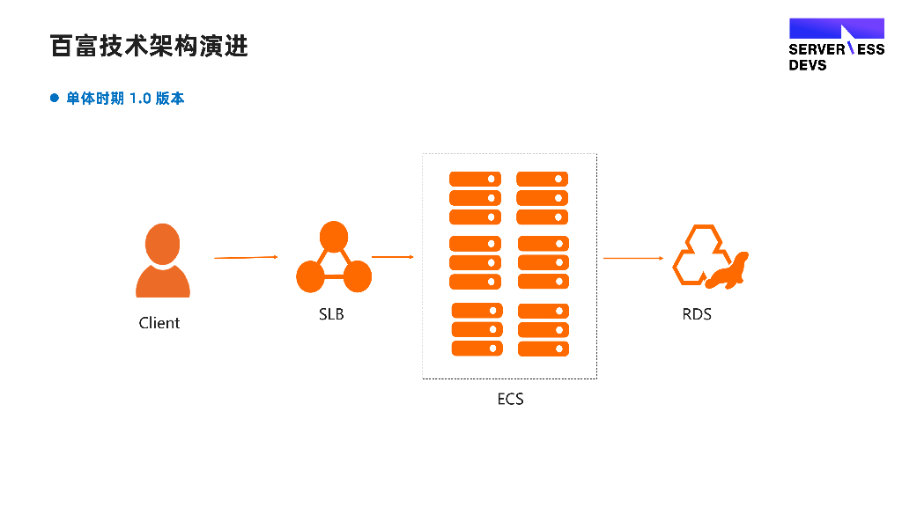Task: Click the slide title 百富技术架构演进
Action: click(x=149, y=46)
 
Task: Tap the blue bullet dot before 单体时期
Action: click(x=55, y=98)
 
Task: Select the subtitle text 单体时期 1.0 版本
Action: click(x=125, y=99)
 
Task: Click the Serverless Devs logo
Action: click(x=837, y=44)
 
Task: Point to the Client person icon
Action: click(x=163, y=260)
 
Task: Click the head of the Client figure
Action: click(x=163, y=244)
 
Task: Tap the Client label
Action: click(x=159, y=323)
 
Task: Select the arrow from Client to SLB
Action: click(x=247, y=258)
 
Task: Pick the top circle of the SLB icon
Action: click(x=334, y=236)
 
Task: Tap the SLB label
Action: click(x=331, y=314)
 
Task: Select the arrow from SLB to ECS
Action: click(x=393, y=256)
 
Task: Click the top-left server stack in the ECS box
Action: click(x=475, y=198)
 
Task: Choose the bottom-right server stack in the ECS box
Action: click(x=543, y=330)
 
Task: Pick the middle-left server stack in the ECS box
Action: click(x=475, y=262)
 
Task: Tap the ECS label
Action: click(x=510, y=399)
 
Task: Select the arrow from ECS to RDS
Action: click(x=633, y=258)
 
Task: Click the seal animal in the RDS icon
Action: click(x=727, y=271)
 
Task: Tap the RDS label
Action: click(x=697, y=314)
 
